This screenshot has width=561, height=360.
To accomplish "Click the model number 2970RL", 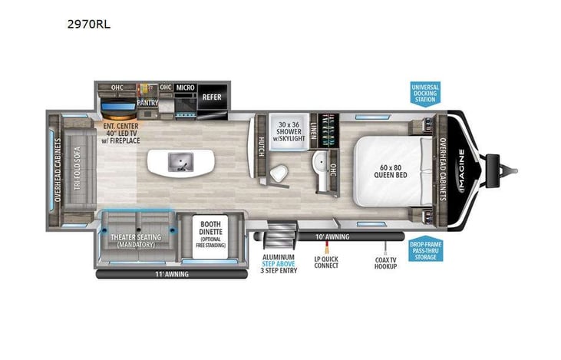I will (x=89, y=24).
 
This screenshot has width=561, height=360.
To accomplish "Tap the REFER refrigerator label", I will (x=211, y=97).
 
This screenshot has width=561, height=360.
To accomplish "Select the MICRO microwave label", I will (x=186, y=88).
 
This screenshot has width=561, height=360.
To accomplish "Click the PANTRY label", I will (x=147, y=101).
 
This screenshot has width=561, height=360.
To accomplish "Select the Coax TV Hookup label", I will (x=386, y=263).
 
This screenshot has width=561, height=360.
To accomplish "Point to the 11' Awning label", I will (x=170, y=274).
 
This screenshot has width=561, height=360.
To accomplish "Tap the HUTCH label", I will (x=260, y=146).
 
